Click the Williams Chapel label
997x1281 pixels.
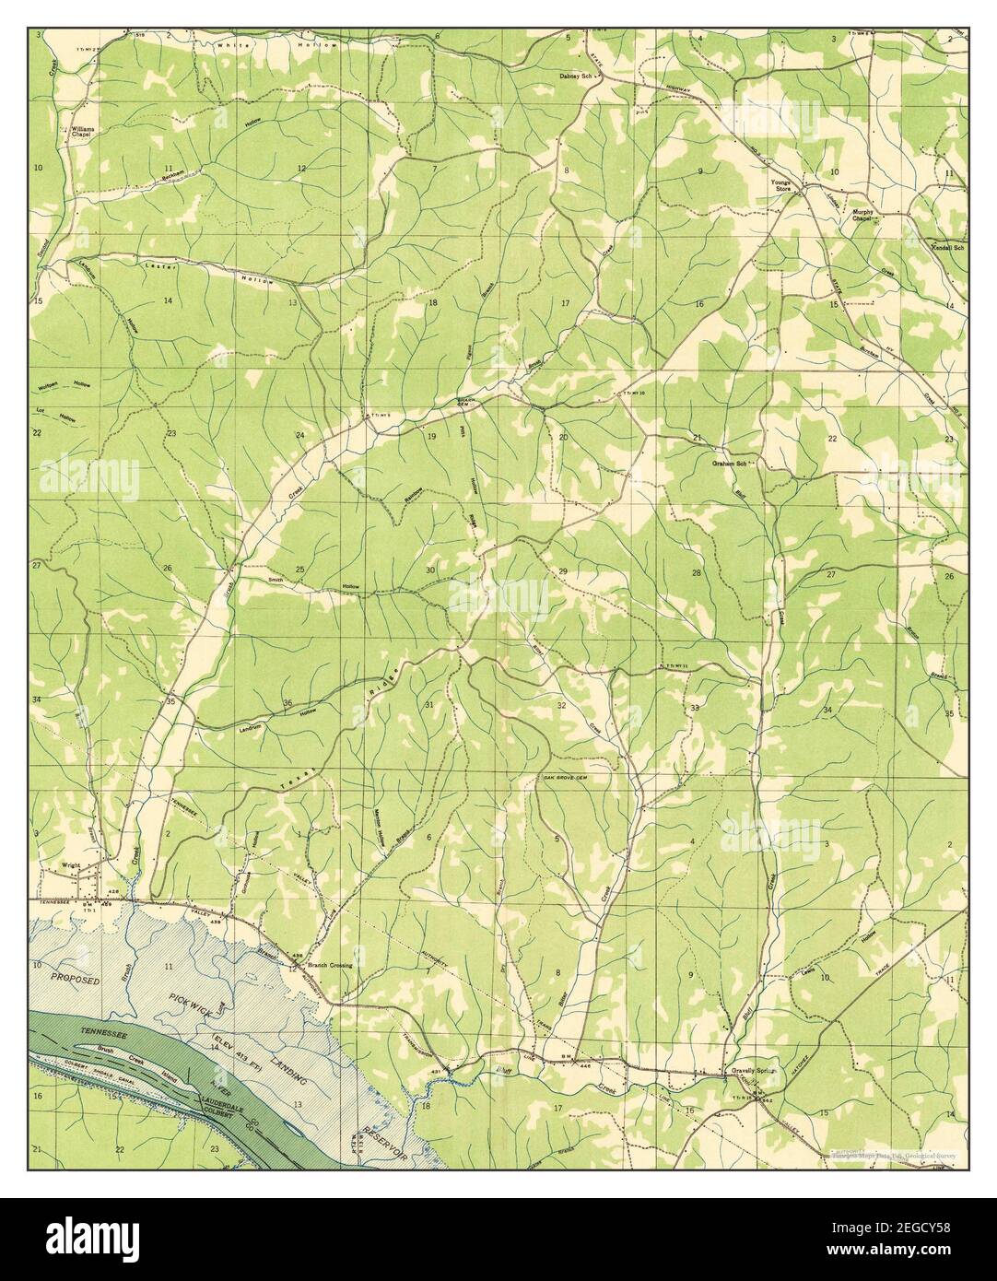point(82,131)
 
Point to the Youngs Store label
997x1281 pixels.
point(782,185)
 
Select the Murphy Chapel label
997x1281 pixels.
point(862,215)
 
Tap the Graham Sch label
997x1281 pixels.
point(728,463)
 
